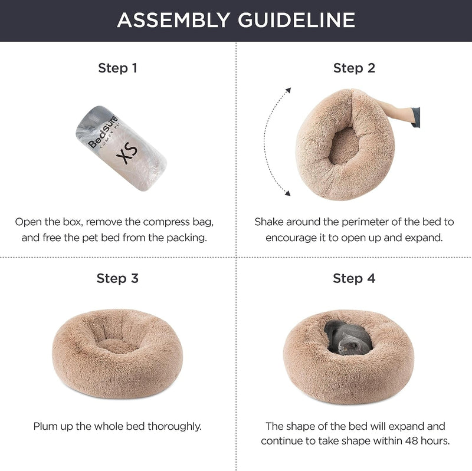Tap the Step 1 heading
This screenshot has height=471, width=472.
point(117,68)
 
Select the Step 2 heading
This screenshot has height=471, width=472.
point(354,68)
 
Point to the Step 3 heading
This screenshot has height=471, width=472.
point(117,278)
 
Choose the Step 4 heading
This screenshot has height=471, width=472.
point(354,278)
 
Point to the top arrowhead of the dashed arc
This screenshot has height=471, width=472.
point(289,90)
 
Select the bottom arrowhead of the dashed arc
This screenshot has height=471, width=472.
point(289,192)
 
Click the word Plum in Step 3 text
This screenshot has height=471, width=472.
point(45,426)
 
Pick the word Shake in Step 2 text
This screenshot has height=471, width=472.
point(269,222)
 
